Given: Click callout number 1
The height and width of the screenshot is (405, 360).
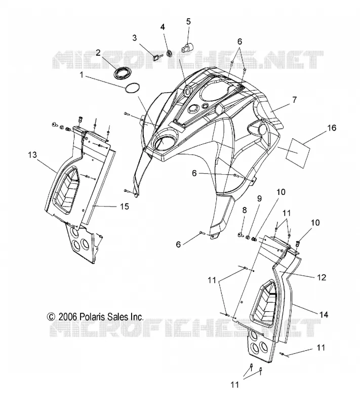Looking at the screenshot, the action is (x=82, y=75).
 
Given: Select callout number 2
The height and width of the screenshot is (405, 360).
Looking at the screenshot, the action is (x=98, y=53).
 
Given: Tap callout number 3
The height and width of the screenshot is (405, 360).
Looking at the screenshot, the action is (x=134, y=37).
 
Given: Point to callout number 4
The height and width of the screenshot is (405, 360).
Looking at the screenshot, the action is (x=163, y=27).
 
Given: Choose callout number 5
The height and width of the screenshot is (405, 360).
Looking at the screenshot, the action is (x=188, y=21).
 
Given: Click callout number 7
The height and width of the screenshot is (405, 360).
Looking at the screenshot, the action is (x=294, y=100).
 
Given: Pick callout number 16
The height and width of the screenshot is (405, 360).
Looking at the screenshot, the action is (x=332, y=128).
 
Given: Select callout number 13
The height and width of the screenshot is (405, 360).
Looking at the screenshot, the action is (x=32, y=155).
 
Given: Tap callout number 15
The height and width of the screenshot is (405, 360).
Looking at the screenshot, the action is (x=125, y=207).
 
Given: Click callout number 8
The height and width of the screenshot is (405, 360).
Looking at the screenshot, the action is (x=245, y=210).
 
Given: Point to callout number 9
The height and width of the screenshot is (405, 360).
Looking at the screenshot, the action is (x=259, y=198).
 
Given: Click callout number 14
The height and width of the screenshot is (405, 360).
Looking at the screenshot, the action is (x=324, y=314).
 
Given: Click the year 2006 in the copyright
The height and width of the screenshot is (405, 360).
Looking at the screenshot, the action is (x=68, y=317).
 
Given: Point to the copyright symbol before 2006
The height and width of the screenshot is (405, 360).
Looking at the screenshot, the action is (x=51, y=317).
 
